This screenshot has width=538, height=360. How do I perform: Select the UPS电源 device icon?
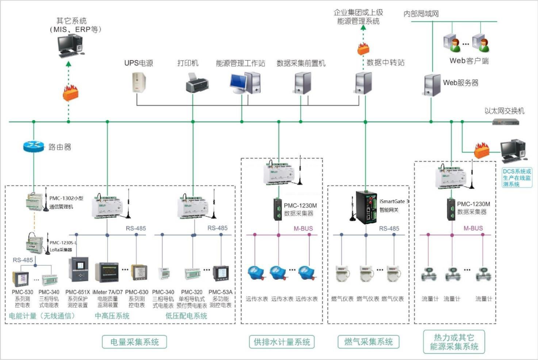point(139,81)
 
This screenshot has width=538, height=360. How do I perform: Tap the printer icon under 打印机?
point(197,82)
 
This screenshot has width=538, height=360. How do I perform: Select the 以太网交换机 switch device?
point(506,122)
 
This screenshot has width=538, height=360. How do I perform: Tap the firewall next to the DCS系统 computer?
point(481,150)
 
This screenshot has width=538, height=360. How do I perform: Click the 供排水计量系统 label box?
point(281,342)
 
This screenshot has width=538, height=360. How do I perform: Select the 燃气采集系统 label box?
point(368,342)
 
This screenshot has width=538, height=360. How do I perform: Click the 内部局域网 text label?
point(421,14)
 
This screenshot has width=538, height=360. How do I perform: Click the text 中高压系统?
point(112,316)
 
